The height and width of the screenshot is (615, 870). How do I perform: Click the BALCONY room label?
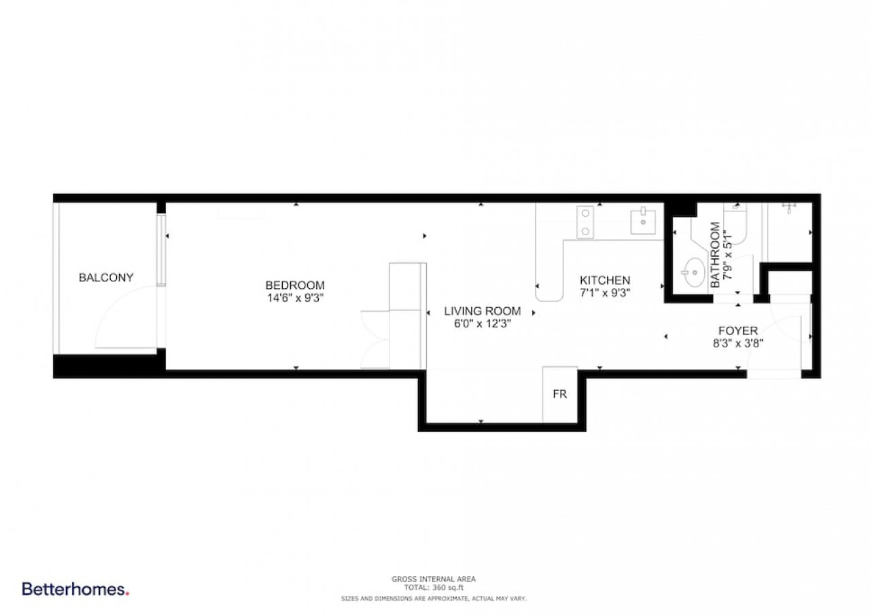coord(106,278)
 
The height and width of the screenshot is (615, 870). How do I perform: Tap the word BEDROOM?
coord(295,285)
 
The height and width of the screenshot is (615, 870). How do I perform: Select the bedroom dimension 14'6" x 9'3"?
coord(295,298)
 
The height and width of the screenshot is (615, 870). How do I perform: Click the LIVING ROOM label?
coord(483,311)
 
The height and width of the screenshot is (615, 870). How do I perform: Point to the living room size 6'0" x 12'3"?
coord(483,323)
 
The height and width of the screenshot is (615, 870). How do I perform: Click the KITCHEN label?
coord(605,281)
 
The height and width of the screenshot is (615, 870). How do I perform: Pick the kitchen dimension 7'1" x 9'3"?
coord(605,293)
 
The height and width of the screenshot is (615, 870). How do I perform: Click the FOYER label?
coord(738,331)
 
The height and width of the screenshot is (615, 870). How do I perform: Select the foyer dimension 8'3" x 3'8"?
coord(738,343)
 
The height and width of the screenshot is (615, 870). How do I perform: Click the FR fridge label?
coord(559,394)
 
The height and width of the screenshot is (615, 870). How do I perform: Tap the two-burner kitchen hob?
coord(585,222)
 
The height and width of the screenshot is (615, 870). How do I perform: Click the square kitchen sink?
coord(643,222)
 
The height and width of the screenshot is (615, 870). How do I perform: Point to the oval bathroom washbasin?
coord(694,273)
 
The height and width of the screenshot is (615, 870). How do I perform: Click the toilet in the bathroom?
coord(735,224)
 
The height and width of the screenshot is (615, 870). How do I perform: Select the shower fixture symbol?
coord(789,207)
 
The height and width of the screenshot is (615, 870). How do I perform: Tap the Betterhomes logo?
coord(75,589)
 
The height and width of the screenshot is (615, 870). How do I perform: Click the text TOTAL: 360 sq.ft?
coord(434,587)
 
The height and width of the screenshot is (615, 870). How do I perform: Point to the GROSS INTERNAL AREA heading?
coord(434,579)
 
